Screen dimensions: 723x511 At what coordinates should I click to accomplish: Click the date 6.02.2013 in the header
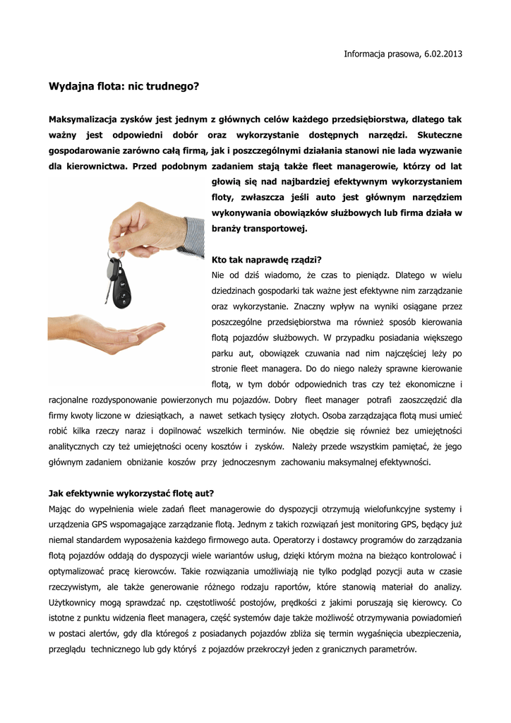click(x=443, y=54)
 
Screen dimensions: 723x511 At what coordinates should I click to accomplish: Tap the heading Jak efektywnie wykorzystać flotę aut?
click(x=131, y=493)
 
